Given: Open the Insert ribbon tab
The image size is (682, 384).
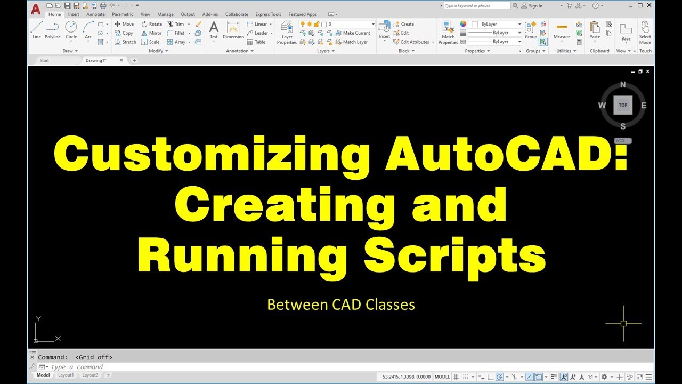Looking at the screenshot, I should tap(74, 14).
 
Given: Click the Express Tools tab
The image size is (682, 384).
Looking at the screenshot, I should tap(268, 14).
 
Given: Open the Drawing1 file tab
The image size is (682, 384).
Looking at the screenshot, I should tap(96, 60).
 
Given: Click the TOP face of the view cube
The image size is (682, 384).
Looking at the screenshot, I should tap(623, 105).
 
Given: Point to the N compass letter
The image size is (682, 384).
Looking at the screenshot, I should tap(623, 85).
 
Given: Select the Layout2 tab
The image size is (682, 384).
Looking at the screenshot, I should tap(90, 375).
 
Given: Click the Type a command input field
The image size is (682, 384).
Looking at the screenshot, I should tap(213, 367).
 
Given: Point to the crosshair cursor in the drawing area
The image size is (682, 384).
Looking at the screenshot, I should tap(623, 323).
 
